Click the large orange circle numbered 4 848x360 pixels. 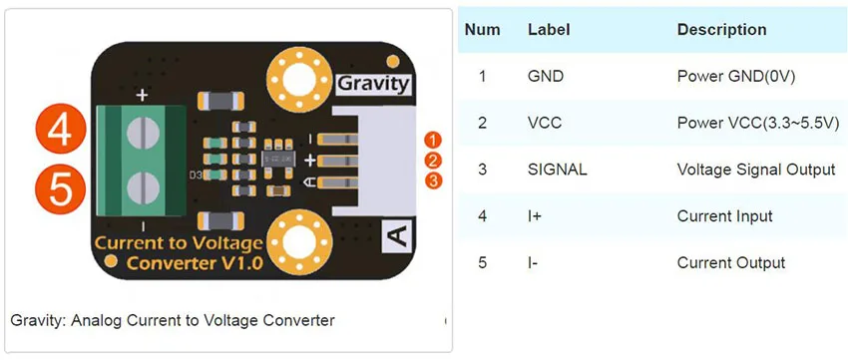click(x=61, y=131)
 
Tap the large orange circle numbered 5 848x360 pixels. click(x=61, y=188)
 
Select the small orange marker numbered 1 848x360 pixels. click(x=433, y=141)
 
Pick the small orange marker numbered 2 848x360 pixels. click(x=433, y=161)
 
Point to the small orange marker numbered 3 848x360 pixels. click(x=433, y=180)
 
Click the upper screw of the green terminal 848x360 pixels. click(x=144, y=132)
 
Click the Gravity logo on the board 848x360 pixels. click(x=373, y=84)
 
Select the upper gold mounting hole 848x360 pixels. click(x=299, y=80)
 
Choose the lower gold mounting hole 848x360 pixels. click(x=299, y=241)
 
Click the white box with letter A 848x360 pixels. click(x=397, y=236)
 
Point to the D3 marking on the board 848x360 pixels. click(x=196, y=175)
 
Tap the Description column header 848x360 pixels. click(x=721, y=29)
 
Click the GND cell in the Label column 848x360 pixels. click(x=546, y=76)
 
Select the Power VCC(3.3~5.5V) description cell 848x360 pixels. click(x=757, y=124)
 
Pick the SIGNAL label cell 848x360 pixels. click(x=557, y=170)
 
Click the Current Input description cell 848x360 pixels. click(x=724, y=216)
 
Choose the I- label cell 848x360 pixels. click(x=534, y=263)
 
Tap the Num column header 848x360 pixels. click(x=483, y=29)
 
